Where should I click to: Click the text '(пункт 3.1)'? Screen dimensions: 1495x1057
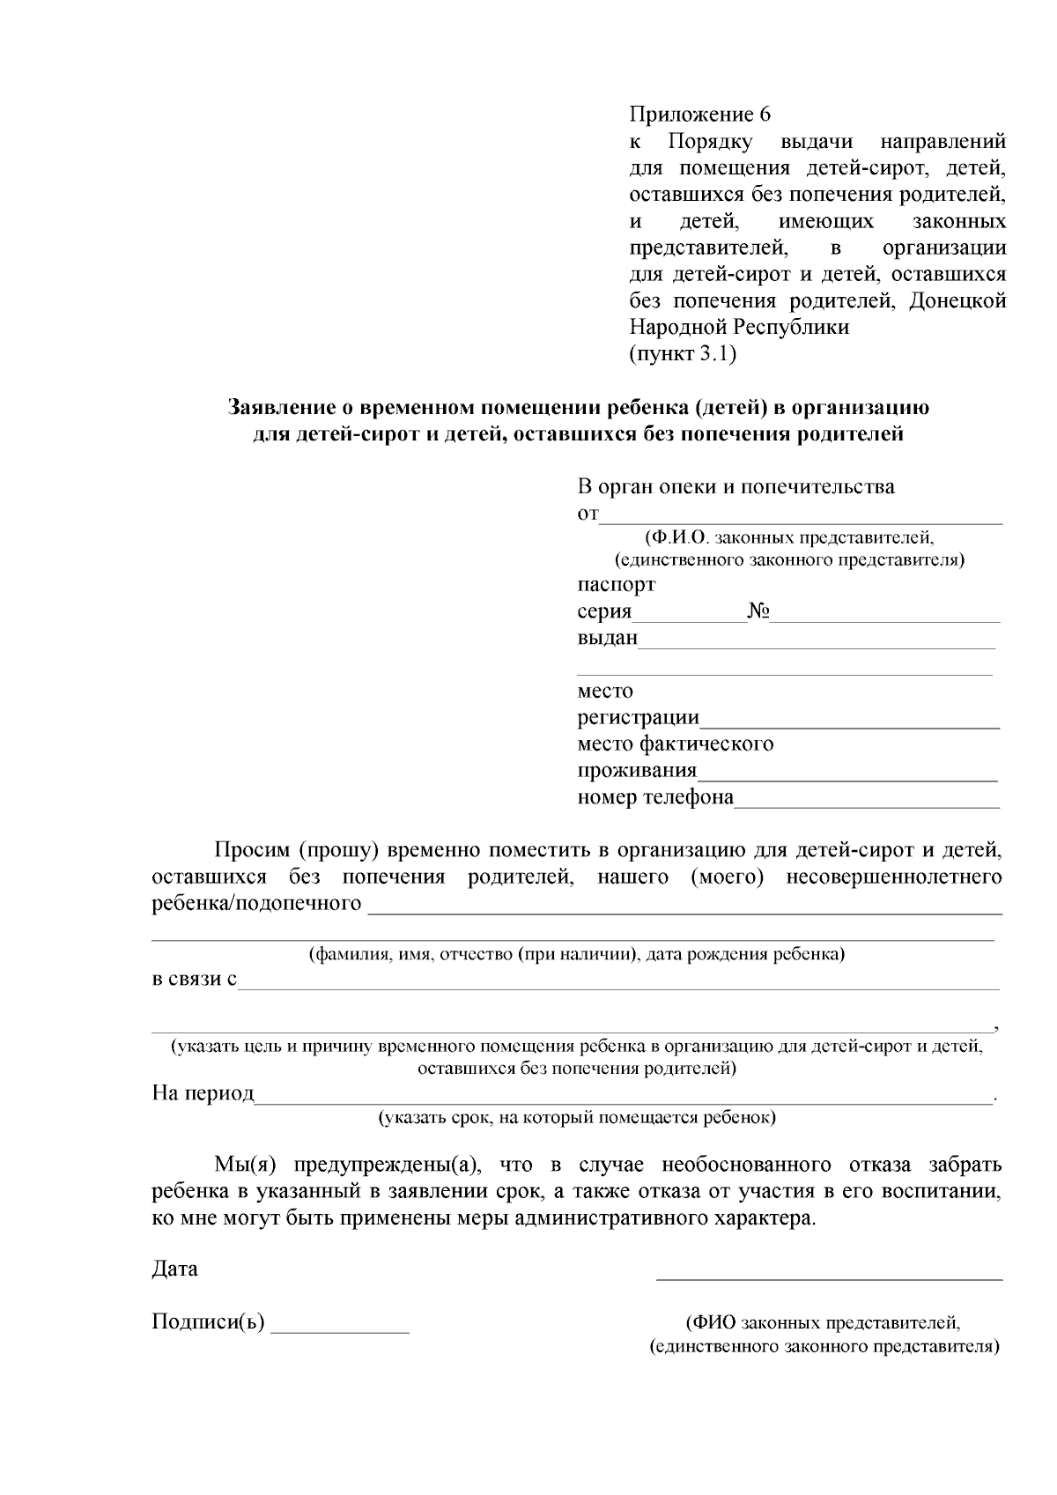[x=683, y=354]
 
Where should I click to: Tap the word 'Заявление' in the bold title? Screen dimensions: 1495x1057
[x=278, y=408]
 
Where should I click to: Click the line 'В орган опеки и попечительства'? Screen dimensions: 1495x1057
[x=735, y=486]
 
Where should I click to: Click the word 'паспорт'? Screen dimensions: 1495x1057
[x=616, y=584]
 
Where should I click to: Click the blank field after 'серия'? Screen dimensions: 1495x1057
[x=689, y=614]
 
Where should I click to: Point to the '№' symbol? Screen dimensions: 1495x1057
[x=758, y=611]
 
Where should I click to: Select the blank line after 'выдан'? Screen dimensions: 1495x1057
[x=816, y=641]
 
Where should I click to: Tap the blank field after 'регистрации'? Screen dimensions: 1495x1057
[x=849, y=722]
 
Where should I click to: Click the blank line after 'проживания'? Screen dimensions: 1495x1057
[x=846, y=774]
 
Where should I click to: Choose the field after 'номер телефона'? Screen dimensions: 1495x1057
[x=867, y=801]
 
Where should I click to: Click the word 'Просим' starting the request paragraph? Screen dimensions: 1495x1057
[x=252, y=850]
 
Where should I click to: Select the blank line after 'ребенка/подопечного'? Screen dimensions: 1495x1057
[x=684, y=907]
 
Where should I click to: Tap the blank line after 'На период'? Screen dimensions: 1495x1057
[x=623, y=1097]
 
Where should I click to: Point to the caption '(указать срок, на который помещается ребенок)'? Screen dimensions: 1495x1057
[x=577, y=1118]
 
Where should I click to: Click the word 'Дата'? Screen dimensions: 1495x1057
[x=174, y=1269]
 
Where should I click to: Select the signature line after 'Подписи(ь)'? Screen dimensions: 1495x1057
[x=340, y=1327]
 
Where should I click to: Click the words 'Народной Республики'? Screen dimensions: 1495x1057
[x=739, y=328]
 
